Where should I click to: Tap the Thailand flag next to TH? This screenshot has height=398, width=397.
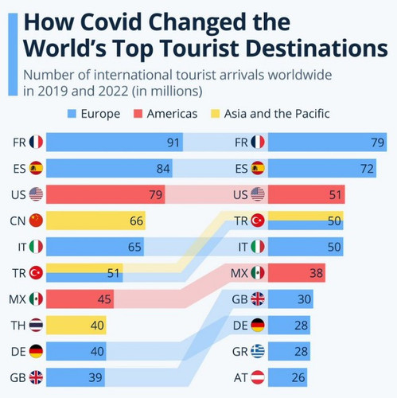click(x=36, y=325)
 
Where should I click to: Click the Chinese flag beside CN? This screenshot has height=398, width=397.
click(x=36, y=220)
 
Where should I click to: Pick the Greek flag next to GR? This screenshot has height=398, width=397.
click(x=259, y=350)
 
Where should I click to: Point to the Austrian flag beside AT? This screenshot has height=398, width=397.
click(x=259, y=377)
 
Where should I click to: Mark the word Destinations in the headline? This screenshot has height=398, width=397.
click(x=302, y=47)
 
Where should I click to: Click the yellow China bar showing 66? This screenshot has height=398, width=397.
click(x=95, y=220)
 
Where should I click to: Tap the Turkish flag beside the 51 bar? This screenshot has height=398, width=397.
click(x=36, y=273)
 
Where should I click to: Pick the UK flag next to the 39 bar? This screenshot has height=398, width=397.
click(x=36, y=377)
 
